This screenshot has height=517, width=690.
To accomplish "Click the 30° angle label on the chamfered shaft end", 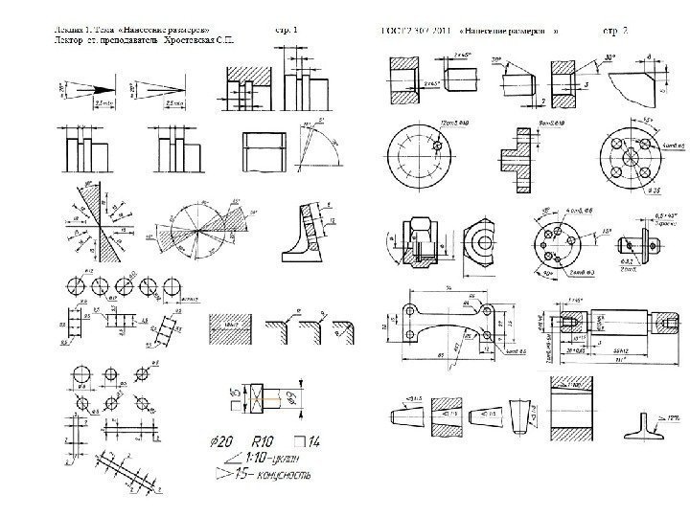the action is click(498, 60).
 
